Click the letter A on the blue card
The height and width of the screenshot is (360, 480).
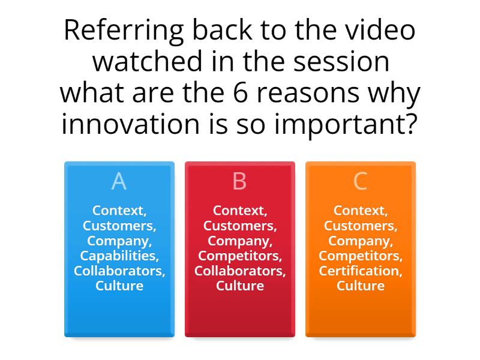tap(119, 181)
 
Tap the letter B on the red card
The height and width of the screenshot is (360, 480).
tap(239, 181)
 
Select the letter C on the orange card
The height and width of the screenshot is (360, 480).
tap(360, 181)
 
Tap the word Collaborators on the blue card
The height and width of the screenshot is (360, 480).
tap(119, 271)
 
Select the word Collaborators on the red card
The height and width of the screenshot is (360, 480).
tap(239, 271)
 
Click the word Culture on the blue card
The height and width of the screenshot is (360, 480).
tap(119, 286)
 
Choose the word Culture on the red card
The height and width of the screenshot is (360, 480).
tap(239, 286)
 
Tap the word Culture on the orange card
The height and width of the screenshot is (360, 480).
tap(360, 286)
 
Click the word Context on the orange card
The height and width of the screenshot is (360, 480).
tap(359, 211)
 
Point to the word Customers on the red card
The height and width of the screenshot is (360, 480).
tap(239, 226)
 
